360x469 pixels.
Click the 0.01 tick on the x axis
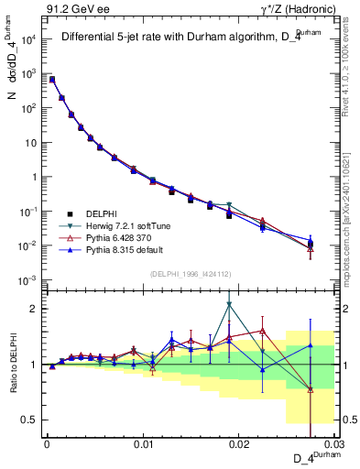143,444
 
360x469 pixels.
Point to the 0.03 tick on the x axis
335,444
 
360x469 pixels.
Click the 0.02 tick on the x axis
239,444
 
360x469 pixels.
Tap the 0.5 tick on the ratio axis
33,420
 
